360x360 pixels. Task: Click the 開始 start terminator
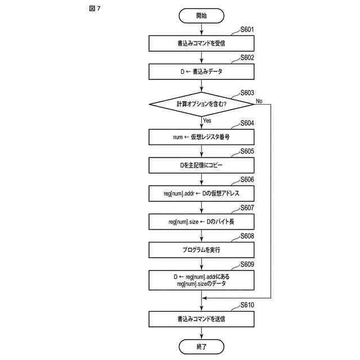(x=201, y=16)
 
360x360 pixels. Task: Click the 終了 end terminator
(x=201, y=346)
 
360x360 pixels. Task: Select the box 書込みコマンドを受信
(x=201, y=43)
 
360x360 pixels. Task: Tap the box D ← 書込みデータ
(x=201, y=72)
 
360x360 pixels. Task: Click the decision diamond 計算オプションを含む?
(x=201, y=104)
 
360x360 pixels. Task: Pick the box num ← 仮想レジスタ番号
(x=201, y=137)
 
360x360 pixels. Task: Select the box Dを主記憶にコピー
(x=201, y=165)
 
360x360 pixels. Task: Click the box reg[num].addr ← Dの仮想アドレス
(x=201, y=193)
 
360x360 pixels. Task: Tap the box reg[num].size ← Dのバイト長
(x=201, y=222)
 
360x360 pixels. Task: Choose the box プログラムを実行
(x=201, y=250)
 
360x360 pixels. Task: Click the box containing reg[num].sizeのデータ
(x=201, y=280)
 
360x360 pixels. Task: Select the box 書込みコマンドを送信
(x=201, y=319)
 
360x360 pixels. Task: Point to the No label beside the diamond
(x=259, y=101)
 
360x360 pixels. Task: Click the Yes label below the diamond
(x=207, y=120)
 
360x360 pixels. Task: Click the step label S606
(x=247, y=179)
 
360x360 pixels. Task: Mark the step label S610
(x=247, y=305)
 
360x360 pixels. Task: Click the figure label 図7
(x=94, y=10)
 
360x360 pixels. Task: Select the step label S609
(x=247, y=264)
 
